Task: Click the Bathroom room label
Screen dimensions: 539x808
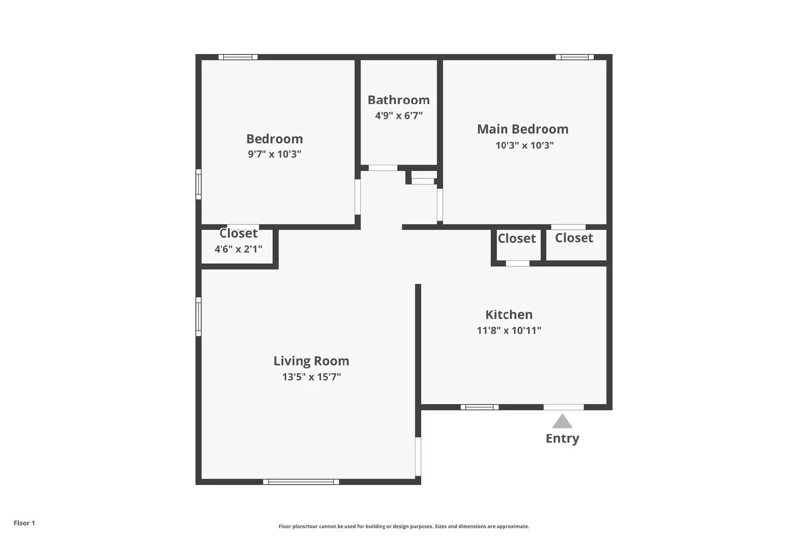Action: tap(398, 100)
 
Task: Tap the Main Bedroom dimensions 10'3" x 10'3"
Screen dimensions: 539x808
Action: tap(524, 145)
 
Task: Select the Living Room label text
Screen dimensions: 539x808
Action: tap(311, 361)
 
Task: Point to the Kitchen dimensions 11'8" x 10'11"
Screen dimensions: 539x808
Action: tap(509, 330)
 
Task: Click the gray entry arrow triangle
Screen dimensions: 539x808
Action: tap(562, 422)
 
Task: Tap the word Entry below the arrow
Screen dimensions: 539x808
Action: tap(562, 438)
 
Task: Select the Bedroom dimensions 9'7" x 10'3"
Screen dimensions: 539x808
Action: tap(274, 154)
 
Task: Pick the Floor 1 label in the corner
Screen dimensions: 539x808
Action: tap(24, 523)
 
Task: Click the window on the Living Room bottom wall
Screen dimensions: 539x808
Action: tap(301, 482)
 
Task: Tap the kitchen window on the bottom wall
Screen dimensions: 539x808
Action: tap(479, 407)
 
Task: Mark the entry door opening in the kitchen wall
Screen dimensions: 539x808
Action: tap(564, 407)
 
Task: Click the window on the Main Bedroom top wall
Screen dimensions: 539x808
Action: tap(574, 57)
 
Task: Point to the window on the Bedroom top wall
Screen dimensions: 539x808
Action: tap(238, 57)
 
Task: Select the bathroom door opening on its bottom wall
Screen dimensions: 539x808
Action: tap(382, 168)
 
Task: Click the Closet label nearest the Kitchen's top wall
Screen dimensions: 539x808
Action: tap(517, 238)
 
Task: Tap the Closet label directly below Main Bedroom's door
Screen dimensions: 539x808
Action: tap(574, 238)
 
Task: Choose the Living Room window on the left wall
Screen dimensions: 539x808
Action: tap(198, 317)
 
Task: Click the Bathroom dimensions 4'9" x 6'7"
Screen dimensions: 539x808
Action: tap(398, 116)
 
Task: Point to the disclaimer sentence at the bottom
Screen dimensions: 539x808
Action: tap(403, 526)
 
